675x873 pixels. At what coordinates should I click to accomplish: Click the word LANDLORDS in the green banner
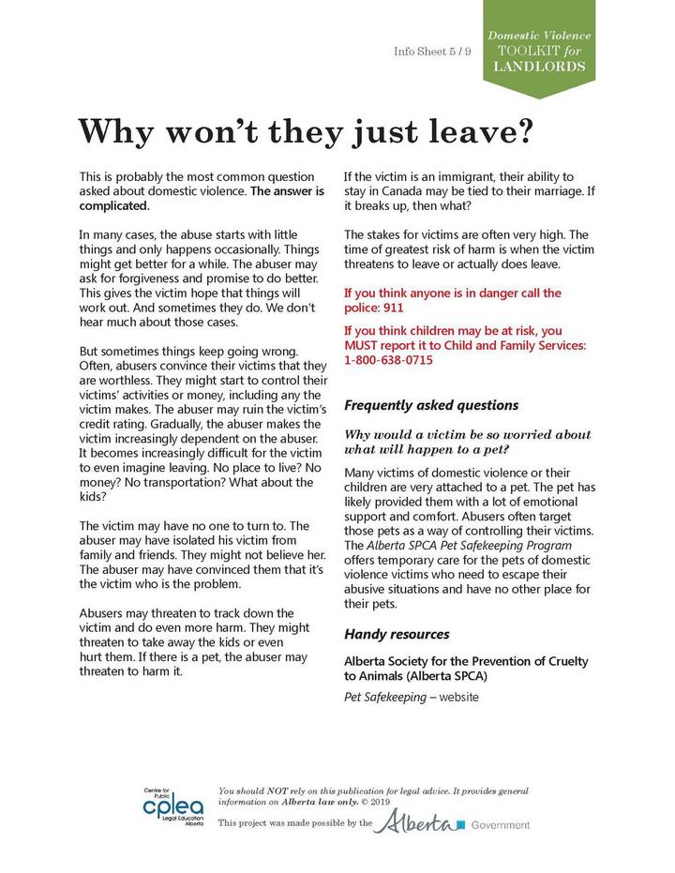pyautogui.click(x=539, y=68)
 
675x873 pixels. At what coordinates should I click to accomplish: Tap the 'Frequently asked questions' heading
pyautogui.click(x=431, y=406)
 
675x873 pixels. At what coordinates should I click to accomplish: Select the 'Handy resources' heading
pyautogui.click(x=397, y=634)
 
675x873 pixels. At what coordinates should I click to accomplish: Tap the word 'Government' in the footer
pyautogui.click(x=501, y=825)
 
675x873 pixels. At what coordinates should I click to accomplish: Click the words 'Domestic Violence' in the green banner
pyautogui.click(x=539, y=36)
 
